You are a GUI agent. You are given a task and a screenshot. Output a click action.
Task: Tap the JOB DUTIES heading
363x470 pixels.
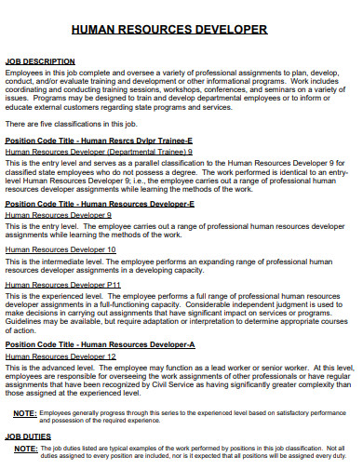tap(27, 436)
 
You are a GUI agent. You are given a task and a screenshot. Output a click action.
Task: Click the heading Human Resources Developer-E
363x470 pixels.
tap(100, 203)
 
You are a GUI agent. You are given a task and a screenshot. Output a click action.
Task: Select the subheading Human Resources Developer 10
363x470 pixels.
tap(60, 249)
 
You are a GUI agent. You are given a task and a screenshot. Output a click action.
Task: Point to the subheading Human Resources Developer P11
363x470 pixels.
tap(63, 285)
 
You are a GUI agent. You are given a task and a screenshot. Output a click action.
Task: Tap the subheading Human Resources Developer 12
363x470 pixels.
tap(60, 356)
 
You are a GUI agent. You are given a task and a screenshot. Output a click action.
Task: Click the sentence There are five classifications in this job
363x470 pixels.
tap(71, 124)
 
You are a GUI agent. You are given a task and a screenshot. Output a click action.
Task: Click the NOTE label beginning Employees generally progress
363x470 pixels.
tap(26, 411)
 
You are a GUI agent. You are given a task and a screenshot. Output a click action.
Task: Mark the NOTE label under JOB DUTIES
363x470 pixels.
tap(26, 447)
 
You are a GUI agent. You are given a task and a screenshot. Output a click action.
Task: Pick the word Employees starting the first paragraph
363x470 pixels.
tap(25, 72)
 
